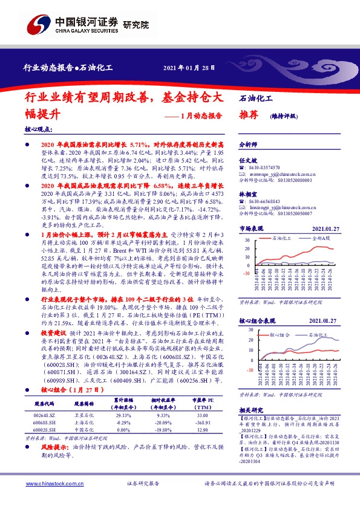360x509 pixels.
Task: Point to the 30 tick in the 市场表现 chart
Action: tap(247, 240)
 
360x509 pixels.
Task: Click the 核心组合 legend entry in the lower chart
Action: tap(280, 333)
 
